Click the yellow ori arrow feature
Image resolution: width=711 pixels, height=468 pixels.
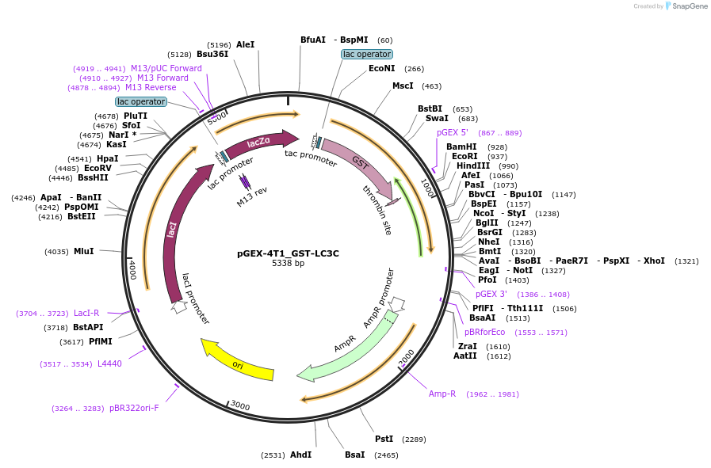point(238,363)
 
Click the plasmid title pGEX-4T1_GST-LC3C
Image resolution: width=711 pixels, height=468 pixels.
point(288,253)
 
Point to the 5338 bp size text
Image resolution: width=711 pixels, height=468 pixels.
point(288,264)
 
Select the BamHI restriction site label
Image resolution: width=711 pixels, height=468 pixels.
point(461,146)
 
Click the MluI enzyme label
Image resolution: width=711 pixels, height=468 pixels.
point(83,251)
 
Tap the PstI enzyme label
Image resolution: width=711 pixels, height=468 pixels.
point(384,439)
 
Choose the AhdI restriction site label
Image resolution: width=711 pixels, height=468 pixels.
point(300,455)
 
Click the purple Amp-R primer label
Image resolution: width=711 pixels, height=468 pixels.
point(442,394)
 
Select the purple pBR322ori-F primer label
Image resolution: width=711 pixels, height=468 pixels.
point(134,408)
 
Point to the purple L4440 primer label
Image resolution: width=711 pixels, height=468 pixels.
point(109,363)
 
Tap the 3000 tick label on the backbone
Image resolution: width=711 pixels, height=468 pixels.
point(240,406)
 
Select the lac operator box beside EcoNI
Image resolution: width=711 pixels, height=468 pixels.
point(366,54)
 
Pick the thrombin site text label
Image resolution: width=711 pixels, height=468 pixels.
point(377,211)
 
